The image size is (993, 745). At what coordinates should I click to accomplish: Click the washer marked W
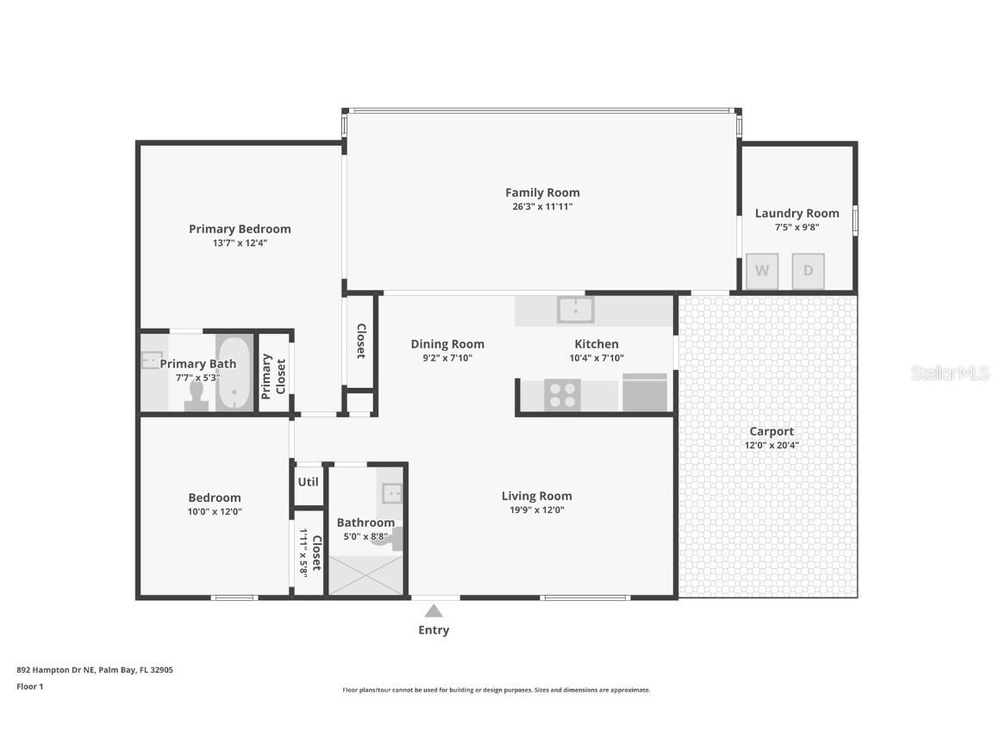[762, 271]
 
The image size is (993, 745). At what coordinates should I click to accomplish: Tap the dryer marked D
[808, 271]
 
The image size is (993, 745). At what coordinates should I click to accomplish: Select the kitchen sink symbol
[575, 309]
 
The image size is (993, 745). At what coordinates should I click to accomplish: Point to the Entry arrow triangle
[434, 610]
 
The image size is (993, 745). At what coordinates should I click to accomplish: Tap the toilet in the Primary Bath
[196, 395]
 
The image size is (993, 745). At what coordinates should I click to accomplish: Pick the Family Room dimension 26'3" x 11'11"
[542, 207]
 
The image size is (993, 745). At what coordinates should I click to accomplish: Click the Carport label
[771, 431]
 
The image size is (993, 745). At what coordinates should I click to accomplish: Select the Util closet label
[308, 482]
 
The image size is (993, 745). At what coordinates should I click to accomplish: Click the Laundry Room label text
[796, 213]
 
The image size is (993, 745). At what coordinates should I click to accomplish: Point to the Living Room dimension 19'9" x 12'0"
[536, 510]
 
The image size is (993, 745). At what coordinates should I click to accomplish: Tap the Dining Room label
[447, 344]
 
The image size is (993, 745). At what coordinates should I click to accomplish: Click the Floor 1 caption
[30, 686]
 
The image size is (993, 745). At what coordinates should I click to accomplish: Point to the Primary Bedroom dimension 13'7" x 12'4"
[240, 243]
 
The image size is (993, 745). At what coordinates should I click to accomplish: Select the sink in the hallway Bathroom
[392, 493]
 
